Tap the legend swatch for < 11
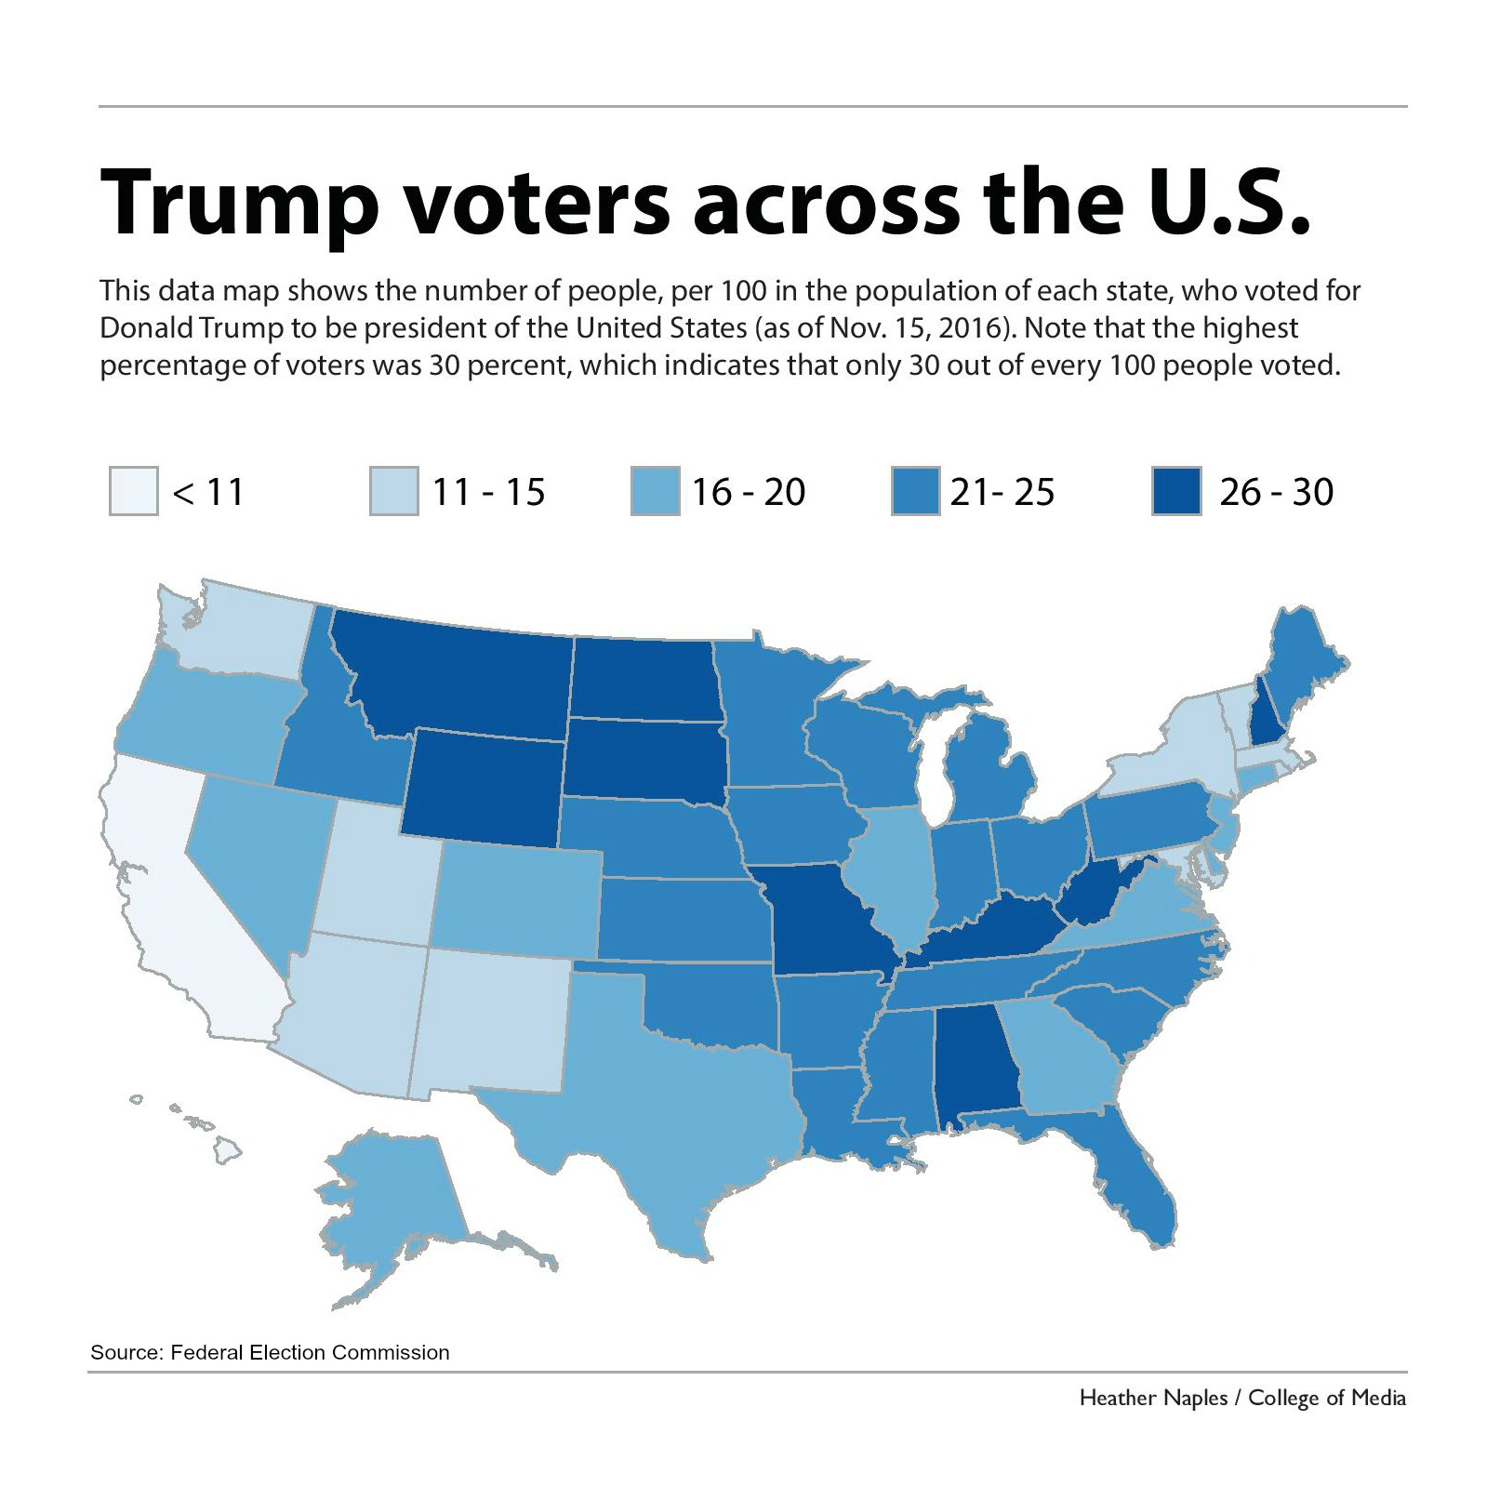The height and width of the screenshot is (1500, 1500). pos(134,490)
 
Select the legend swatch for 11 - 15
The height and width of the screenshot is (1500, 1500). pos(394,490)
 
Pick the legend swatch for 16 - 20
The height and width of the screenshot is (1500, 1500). pos(655,490)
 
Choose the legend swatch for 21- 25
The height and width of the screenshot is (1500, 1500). pos(915,490)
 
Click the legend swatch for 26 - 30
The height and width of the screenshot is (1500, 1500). pos(1175,490)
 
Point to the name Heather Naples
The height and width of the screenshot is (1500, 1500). pos(1153,1398)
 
